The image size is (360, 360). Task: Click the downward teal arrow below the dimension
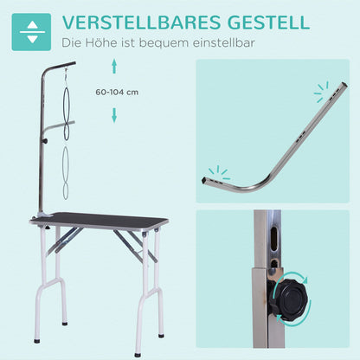click(112, 114)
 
